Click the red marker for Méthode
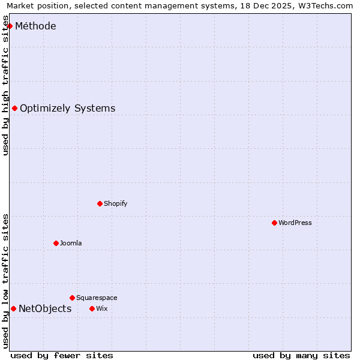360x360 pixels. [10, 26]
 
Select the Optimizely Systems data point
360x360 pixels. [15, 109]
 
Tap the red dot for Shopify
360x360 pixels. [100, 203]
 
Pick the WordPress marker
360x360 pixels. [274, 223]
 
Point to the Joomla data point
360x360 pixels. [56, 243]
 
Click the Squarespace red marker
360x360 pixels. [72, 298]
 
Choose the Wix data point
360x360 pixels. [92, 308]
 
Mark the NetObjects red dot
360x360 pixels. [13, 308]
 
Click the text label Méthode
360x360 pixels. [35, 26]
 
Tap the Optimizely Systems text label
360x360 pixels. [67, 109]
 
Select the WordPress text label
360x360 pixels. [295, 223]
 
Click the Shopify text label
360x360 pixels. [115, 203]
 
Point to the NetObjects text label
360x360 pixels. [45, 309]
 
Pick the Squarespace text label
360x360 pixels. [97, 298]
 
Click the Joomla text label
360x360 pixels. [71, 243]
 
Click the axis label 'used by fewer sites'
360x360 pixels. [62, 355]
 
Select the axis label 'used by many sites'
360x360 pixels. [301, 355]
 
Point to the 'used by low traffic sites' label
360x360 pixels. [5, 281]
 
